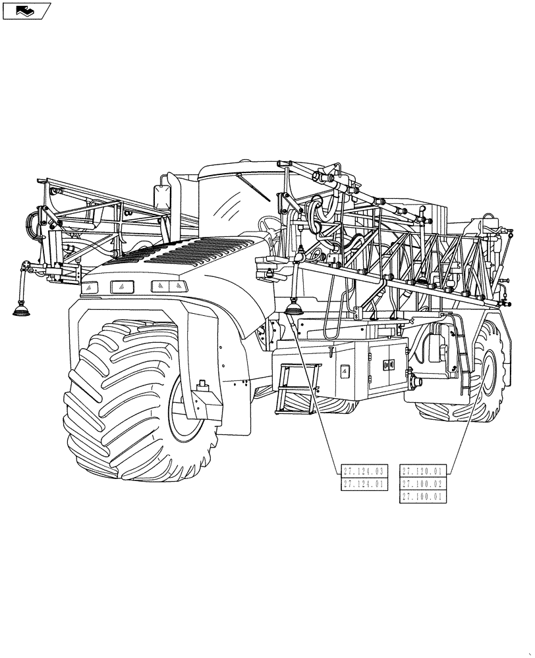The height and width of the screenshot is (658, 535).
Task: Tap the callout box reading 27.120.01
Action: click(424, 470)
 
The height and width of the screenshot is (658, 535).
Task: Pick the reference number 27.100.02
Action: click(424, 484)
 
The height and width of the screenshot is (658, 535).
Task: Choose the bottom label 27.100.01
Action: click(424, 497)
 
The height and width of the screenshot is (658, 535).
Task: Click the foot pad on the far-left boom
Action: click(24, 309)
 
